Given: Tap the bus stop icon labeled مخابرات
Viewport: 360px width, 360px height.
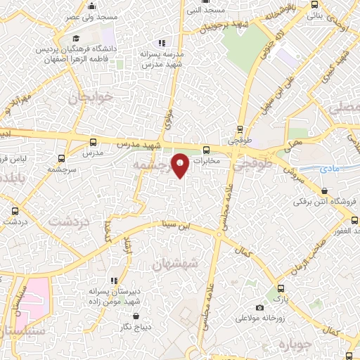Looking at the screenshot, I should pos(206,150).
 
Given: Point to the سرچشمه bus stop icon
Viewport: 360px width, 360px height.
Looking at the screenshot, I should pos(61,158).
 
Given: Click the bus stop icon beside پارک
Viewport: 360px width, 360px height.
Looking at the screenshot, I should pos(281,288).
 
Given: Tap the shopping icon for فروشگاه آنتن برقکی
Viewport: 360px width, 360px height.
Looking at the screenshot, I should pos(325,191).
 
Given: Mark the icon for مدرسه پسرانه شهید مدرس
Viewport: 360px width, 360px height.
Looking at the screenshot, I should pos(162,44).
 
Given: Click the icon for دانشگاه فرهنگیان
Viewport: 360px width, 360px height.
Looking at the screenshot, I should pos(76,39).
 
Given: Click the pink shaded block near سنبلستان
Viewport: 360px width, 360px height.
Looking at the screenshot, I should pos(35,299).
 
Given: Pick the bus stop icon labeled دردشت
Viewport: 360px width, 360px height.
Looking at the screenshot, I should pos(15,210).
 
